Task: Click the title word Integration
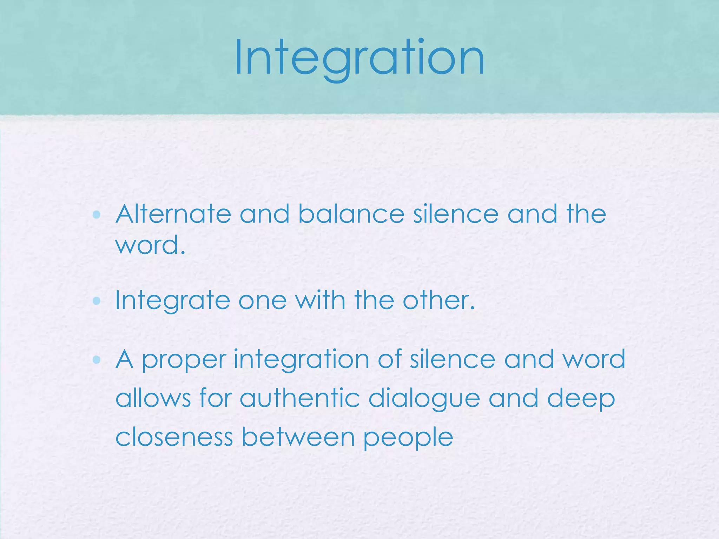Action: pyautogui.click(x=359, y=58)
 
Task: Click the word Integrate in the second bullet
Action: pyautogui.click(x=172, y=301)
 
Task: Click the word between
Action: pyautogui.click(x=298, y=437)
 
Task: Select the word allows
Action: pyautogui.click(x=153, y=398)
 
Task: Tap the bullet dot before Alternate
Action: pyautogui.click(x=97, y=214)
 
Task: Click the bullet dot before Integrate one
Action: pyautogui.click(x=97, y=301)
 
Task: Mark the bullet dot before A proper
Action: pyautogui.click(x=97, y=359)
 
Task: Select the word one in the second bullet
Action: pyautogui.click(x=262, y=301)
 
